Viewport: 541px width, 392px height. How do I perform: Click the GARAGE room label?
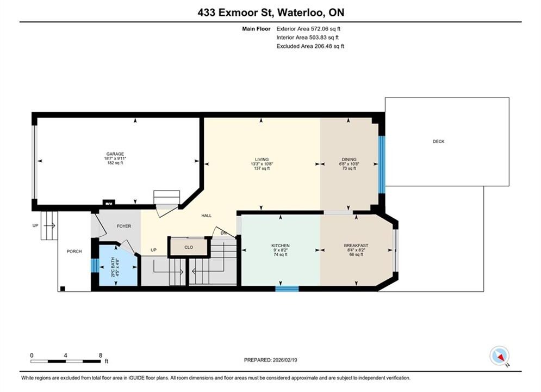tap(115, 154)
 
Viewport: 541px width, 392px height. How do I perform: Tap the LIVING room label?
tap(262, 160)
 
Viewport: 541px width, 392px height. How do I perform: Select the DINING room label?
tap(349, 160)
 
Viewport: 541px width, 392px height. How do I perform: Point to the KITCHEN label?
tap(280, 246)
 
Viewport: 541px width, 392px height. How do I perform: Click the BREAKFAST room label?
tap(356, 246)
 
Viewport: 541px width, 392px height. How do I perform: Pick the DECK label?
tap(439, 141)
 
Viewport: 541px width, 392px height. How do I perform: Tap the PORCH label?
tap(74, 252)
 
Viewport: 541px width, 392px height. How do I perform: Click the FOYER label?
tap(124, 226)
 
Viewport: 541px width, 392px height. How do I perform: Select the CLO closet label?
tap(189, 247)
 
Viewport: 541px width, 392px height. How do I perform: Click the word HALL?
tap(206, 216)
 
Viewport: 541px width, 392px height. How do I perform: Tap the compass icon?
tap(500, 356)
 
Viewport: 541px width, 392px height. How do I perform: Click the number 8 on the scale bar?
tap(101, 355)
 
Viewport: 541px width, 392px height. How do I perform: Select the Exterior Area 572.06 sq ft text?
tap(308, 29)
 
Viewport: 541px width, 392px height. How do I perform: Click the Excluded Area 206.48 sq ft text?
tap(310, 46)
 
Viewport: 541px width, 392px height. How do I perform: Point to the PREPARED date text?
tap(271, 360)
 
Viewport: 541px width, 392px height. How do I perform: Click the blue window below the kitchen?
tap(287, 289)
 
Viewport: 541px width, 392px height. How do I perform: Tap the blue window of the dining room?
tap(382, 165)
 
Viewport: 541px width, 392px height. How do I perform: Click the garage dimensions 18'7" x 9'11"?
tap(115, 158)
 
